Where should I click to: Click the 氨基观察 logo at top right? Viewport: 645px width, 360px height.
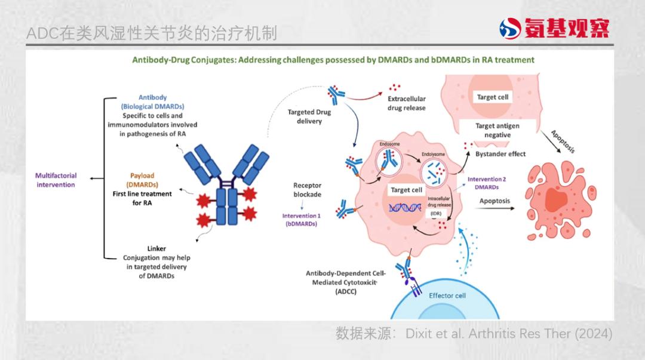click(554, 27)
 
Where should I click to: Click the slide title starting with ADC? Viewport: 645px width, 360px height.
click(152, 33)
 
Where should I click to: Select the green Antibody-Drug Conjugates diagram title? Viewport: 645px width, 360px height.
click(333, 60)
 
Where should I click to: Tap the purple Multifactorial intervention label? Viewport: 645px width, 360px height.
click(56, 180)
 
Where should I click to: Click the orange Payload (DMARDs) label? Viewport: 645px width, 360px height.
click(142, 180)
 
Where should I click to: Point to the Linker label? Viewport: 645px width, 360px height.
click(156, 248)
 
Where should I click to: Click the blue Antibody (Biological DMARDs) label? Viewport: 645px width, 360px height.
click(152, 101)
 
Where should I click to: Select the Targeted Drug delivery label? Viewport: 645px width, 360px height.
click(309, 116)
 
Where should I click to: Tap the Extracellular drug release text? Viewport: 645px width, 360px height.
click(407, 103)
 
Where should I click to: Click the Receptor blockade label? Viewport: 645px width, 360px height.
click(307, 190)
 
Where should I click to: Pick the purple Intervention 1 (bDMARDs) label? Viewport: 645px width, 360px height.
click(301, 219)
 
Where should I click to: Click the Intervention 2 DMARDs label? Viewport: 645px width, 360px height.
click(486, 183)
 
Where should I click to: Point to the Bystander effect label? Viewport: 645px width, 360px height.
click(500, 154)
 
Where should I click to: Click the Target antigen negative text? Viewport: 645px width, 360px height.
click(497, 130)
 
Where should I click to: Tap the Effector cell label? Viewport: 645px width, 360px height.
click(447, 296)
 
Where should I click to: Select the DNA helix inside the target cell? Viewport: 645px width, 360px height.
click(405, 208)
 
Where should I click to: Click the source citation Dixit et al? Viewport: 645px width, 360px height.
click(474, 334)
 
